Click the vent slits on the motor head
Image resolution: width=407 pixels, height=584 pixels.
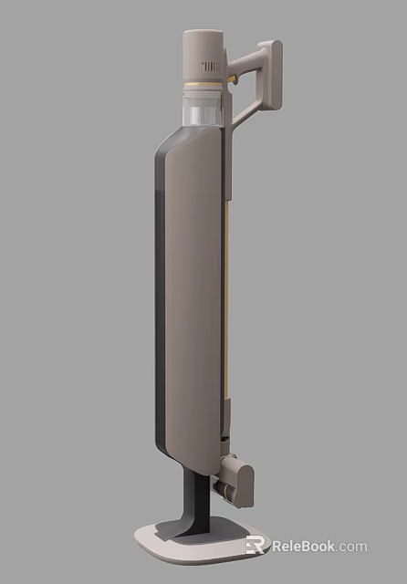click(x=212, y=66)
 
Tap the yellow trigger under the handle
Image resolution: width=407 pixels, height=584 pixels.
click(x=235, y=81)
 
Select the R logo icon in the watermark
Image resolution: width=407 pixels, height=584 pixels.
click(x=256, y=546)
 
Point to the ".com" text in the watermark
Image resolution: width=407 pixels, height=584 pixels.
click(x=350, y=547)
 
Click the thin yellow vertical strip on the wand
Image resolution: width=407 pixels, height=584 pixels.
click(x=224, y=301)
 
